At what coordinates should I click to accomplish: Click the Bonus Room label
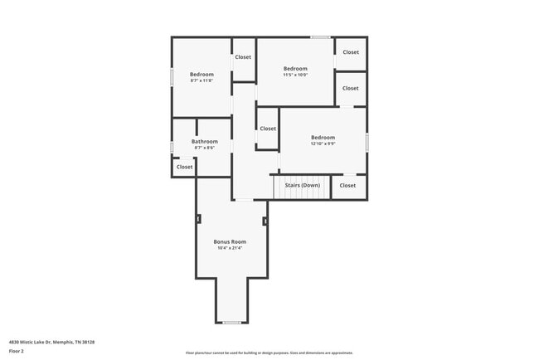(230, 241)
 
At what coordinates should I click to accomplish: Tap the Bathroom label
(205, 142)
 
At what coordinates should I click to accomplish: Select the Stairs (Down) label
(302, 185)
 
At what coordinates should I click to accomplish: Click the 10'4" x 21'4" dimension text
(230, 248)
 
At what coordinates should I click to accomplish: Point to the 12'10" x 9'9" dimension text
(323, 144)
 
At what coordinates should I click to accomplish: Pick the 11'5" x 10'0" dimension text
(295, 75)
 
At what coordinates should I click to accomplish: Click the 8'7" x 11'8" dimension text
(202, 80)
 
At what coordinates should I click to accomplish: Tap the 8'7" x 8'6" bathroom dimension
(205, 148)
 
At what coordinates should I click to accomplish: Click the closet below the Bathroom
(184, 167)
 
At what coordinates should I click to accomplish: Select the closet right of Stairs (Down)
(347, 185)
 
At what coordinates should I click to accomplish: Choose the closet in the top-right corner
(351, 52)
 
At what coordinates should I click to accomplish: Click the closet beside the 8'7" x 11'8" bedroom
(243, 57)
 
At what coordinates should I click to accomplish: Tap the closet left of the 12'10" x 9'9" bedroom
(268, 129)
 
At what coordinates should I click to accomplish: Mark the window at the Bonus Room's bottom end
(231, 323)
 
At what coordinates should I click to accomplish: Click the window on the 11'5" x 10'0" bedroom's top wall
(320, 37)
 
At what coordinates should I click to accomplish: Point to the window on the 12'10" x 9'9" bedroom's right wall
(367, 141)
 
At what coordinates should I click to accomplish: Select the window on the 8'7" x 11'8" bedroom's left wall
(172, 76)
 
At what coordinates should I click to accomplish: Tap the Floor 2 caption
(17, 351)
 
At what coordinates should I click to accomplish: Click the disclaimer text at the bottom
(269, 353)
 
